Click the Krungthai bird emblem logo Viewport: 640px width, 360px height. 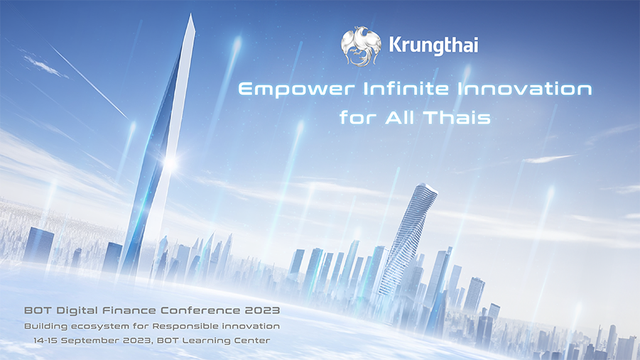click(362, 46)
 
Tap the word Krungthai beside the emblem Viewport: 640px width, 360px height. click(433, 45)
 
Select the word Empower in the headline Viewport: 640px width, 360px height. click(297, 89)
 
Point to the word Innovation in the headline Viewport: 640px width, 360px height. click(524, 88)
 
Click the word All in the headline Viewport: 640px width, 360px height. click(400, 118)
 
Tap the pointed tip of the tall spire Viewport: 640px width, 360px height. click(190, 14)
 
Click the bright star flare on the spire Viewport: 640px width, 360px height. click(170, 164)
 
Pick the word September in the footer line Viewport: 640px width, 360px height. click(86, 341)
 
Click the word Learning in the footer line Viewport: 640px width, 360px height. click(206, 341)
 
